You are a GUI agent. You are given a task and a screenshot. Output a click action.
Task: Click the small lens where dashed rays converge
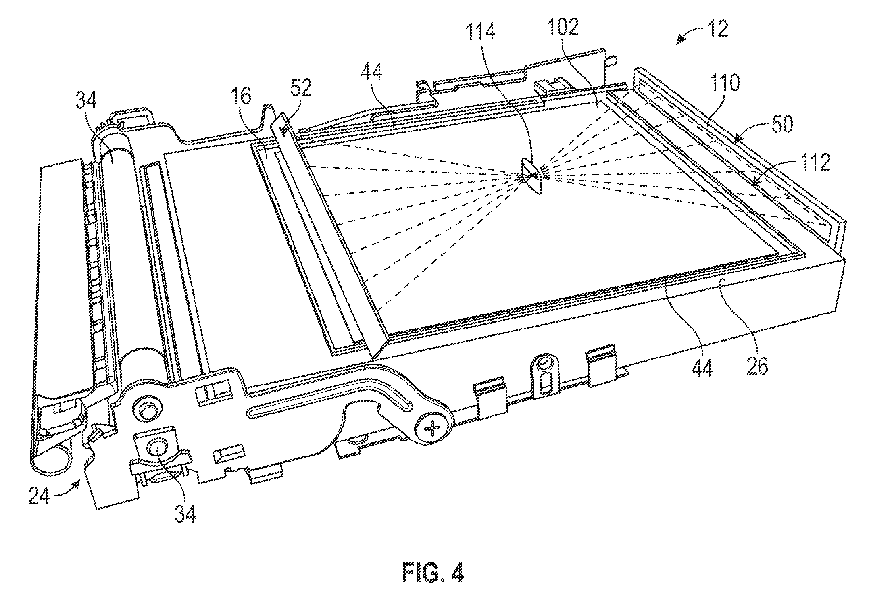pyautogui.click(x=532, y=176)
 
